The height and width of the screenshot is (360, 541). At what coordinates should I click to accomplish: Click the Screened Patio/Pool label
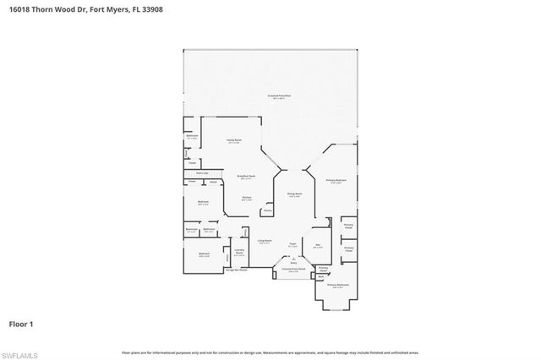point(280,97)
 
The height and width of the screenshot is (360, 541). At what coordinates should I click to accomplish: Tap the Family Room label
point(234,140)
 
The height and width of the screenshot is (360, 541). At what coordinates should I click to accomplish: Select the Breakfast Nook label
point(247,177)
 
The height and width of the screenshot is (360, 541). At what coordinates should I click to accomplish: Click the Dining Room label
point(295,194)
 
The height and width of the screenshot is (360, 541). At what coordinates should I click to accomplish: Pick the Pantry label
point(267,210)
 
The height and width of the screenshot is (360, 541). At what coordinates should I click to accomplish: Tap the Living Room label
point(265,241)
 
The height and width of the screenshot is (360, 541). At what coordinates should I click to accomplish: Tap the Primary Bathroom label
point(342,286)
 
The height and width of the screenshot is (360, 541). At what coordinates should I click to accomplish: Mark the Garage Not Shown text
point(236,270)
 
